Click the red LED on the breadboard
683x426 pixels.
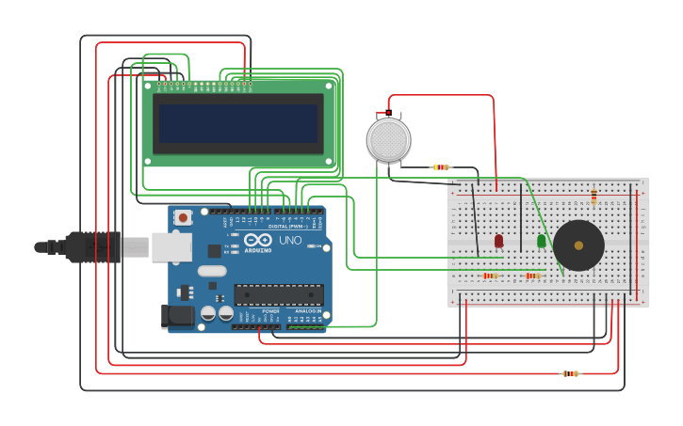click(x=498, y=241)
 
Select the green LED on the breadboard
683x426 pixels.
click(x=541, y=241)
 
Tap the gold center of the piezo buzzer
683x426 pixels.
click(x=577, y=245)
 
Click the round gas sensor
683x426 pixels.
click(x=388, y=139)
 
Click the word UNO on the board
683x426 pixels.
click(x=290, y=241)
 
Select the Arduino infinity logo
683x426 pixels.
click(x=257, y=241)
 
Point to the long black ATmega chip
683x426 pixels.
click(x=278, y=293)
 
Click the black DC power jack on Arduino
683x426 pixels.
click(x=177, y=316)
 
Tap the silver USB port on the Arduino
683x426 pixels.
click(x=171, y=246)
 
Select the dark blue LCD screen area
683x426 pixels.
click(x=238, y=123)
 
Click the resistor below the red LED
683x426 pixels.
click(x=490, y=276)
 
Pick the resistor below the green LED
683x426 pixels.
click(x=533, y=276)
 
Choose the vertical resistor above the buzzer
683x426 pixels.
click(x=594, y=197)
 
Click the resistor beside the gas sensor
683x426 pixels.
click(x=440, y=167)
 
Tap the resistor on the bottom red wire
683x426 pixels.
click(x=570, y=373)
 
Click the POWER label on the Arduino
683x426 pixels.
click(x=270, y=311)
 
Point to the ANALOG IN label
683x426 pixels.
click(x=307, y=311)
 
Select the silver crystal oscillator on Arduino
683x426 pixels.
click(x=212, y=271)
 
